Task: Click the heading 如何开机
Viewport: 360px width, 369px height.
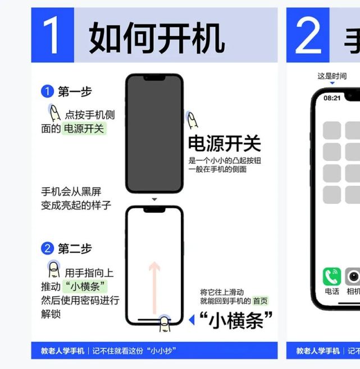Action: [157, 38]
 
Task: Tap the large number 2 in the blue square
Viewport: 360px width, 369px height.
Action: [307, 35]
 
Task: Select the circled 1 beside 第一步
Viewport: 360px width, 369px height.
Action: [48, 92]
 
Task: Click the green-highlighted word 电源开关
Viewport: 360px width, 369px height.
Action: [84, 129]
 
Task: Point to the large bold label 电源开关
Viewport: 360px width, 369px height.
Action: [224, 144]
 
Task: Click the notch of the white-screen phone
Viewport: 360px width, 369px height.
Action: [154, 209]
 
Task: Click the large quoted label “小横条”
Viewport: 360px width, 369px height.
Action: [236, 321]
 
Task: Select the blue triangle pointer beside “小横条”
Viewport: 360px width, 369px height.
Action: [192, 320]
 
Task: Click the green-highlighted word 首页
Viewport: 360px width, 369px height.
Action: [260, 301]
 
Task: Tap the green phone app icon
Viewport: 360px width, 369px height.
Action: [331, 276]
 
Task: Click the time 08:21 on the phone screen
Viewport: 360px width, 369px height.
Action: [332, 98]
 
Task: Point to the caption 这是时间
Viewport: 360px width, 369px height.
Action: [332, 76]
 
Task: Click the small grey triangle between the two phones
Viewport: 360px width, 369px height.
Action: [154, 199]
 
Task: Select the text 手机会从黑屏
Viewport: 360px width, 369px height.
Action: [71, 192]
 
